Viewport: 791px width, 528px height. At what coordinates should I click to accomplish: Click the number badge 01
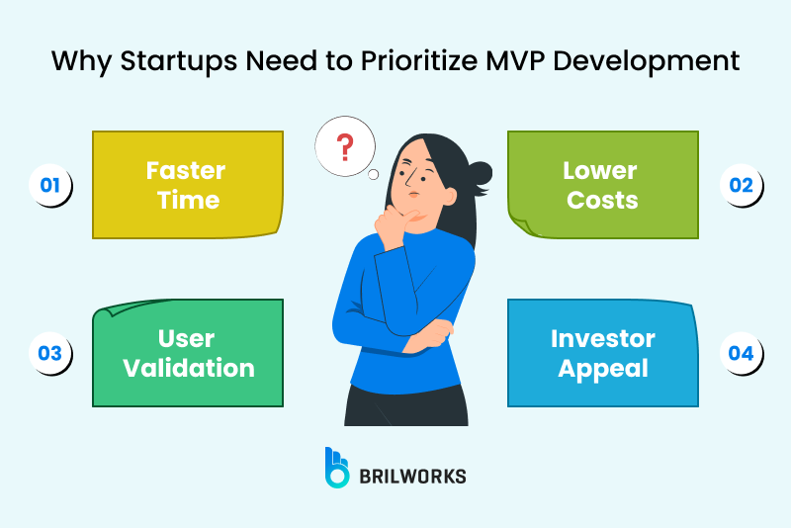point(50,185)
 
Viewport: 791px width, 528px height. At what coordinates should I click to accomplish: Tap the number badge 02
point(741,185)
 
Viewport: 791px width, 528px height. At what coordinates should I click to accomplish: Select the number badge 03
point(50,353)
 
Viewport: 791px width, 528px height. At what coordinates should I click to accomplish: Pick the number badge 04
point(741,353)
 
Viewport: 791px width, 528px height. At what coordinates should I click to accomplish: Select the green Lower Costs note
point(602,185)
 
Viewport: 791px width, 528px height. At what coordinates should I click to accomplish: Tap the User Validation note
point(188,353)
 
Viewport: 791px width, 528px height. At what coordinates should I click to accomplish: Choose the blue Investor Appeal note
point(602,353)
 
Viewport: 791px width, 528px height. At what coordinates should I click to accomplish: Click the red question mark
point(344,149)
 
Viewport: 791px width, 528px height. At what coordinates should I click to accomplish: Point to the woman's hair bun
point(481,173)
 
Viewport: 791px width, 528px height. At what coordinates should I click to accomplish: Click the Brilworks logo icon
point(337,467)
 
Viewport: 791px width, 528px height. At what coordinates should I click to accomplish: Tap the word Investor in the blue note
point(602,338)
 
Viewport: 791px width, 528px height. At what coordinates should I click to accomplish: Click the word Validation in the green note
point(188,369)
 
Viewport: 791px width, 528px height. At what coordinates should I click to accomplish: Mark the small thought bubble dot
point(374,176)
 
